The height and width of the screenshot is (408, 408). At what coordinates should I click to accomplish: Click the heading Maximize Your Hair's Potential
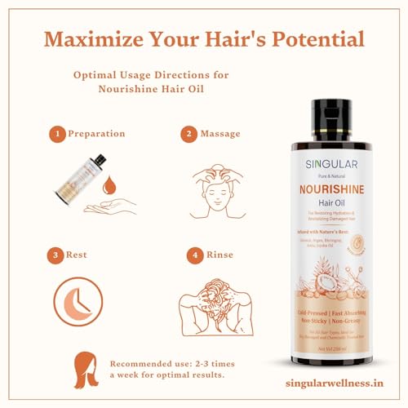[204, 38]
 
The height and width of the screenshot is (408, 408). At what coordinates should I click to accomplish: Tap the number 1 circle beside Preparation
[57, 133]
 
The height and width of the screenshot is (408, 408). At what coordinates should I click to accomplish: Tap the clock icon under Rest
[78, 301]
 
